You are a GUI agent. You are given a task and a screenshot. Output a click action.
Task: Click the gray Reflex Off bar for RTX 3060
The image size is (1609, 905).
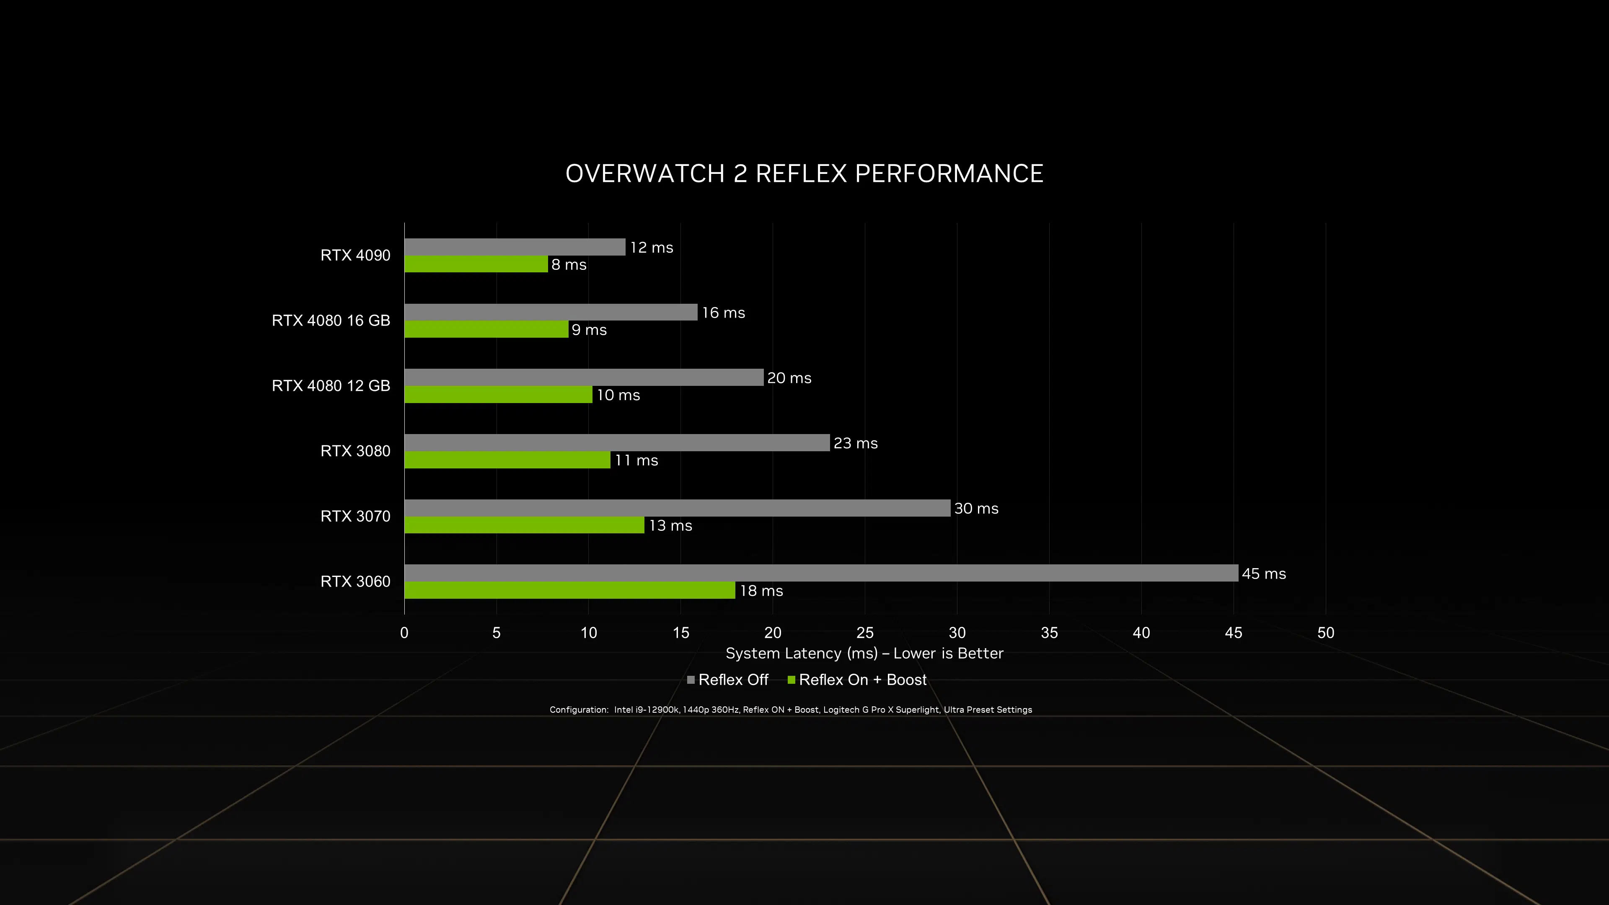pyautogui.click(x=821, y=573)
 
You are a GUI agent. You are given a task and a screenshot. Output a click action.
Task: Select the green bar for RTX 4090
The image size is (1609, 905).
pyautogui.click(x=476, y=264)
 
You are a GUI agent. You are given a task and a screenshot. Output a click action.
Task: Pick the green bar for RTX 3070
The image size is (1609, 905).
pyautogui.click(x=524, y=525)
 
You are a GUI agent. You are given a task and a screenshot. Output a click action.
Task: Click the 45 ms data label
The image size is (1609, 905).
pyautogui.click(x=1264, y=574)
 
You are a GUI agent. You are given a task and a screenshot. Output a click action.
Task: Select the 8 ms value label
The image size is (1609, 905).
pyautogui.click(x=569, y=265)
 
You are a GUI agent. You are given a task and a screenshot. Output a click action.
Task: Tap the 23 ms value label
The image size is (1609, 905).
pyautogui.click(x=855, y=443)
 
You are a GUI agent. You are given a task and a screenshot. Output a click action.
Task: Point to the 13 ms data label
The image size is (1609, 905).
pyautogui.click(x=670, y=526)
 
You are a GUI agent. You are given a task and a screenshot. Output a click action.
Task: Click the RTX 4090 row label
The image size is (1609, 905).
pyautogui.click(x=355, y=256)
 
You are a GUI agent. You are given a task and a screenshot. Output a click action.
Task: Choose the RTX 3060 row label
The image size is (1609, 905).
pyautogui.click(x=355, y=582)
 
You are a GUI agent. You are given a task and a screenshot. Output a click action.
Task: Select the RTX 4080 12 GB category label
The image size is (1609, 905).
pyautogui.click(x=331, y=386)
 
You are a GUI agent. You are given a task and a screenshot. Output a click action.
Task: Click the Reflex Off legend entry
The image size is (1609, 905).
pyautogui.click(x=728, y=680)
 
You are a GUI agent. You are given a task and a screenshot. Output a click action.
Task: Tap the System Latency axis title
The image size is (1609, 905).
pyautogui.click(x=864, y=653)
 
